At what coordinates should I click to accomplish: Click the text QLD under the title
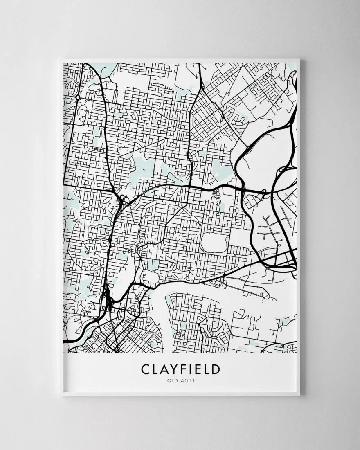pos(171,381)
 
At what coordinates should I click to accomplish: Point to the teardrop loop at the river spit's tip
pos(264,293)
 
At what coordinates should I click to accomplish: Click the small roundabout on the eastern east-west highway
pos(264,191)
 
